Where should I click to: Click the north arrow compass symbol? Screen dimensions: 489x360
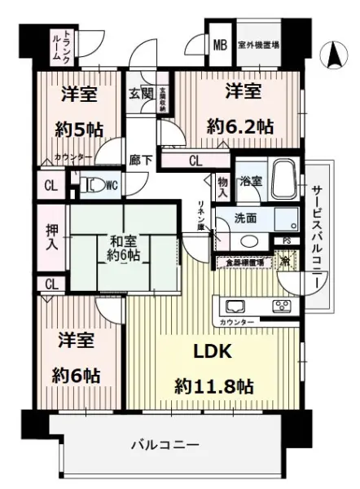(x=334, y=56)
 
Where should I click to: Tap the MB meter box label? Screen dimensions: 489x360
(x=220, y=44)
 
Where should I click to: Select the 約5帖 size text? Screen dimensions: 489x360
(x=79, y=128)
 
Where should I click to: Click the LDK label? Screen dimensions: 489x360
(x=213, y=352)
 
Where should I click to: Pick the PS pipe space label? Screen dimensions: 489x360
(x=285, y=240)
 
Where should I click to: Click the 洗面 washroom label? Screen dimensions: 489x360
(x=245, y=218)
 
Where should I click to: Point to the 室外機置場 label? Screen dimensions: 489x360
(x=259, y=44)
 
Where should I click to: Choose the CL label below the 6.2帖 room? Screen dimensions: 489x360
(x=195, y=161)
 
